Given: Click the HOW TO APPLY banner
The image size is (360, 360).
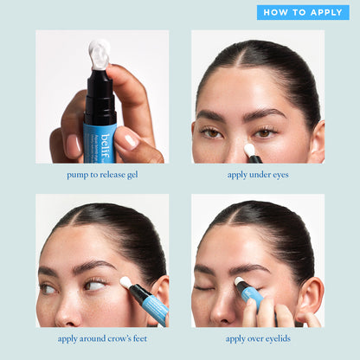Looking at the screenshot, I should point(302,12).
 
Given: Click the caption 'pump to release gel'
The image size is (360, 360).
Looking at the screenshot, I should point(101,174).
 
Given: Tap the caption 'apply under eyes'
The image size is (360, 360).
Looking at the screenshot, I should point(257,174).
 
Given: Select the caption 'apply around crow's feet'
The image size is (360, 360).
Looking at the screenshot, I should point(101,338).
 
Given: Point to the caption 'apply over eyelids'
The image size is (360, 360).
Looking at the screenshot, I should point(257,338).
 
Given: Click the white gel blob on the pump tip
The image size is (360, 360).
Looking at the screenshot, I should point(100,54).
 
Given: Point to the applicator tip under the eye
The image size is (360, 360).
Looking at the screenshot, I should point(250,150).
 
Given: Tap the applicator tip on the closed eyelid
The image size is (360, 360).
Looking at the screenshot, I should point(240,282).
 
